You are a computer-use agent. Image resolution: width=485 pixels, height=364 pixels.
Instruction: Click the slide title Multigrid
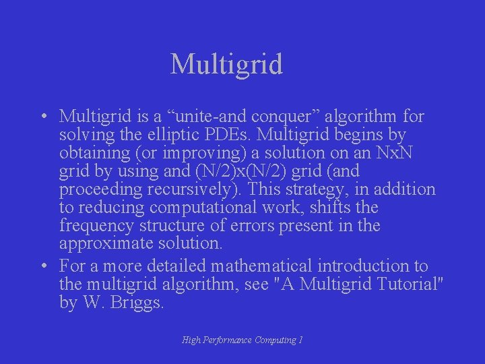point(226,65)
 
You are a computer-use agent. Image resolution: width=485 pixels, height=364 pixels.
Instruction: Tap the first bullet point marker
point(42,117)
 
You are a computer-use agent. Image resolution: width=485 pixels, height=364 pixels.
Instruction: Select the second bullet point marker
point(42,266)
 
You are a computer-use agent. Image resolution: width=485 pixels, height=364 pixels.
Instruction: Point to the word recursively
point(201,189)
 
